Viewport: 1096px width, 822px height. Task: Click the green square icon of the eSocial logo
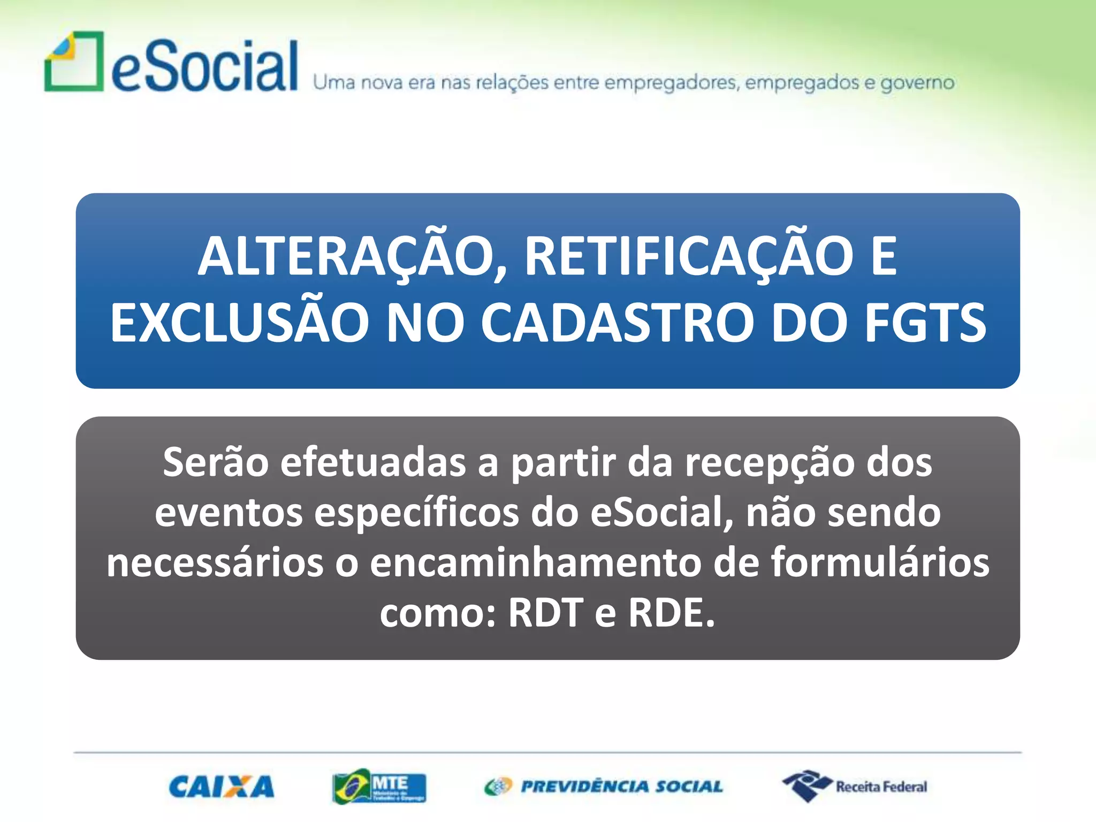tap(74, 62)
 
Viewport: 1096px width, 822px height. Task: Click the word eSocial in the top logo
tap(204, 67)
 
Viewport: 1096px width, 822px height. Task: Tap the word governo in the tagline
tap(917, 83)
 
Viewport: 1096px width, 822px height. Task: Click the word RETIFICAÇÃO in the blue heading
tap(688, 257)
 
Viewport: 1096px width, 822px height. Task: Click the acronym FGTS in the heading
tap(925, 323)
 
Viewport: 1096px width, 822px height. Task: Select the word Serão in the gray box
tap(216, 462)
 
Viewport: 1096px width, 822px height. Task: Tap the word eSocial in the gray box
tap(661, 512)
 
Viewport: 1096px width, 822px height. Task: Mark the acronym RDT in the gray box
tap(545, 612)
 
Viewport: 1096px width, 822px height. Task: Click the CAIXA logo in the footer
tap(221, 787)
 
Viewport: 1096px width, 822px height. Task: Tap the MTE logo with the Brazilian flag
tap(379, 787)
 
